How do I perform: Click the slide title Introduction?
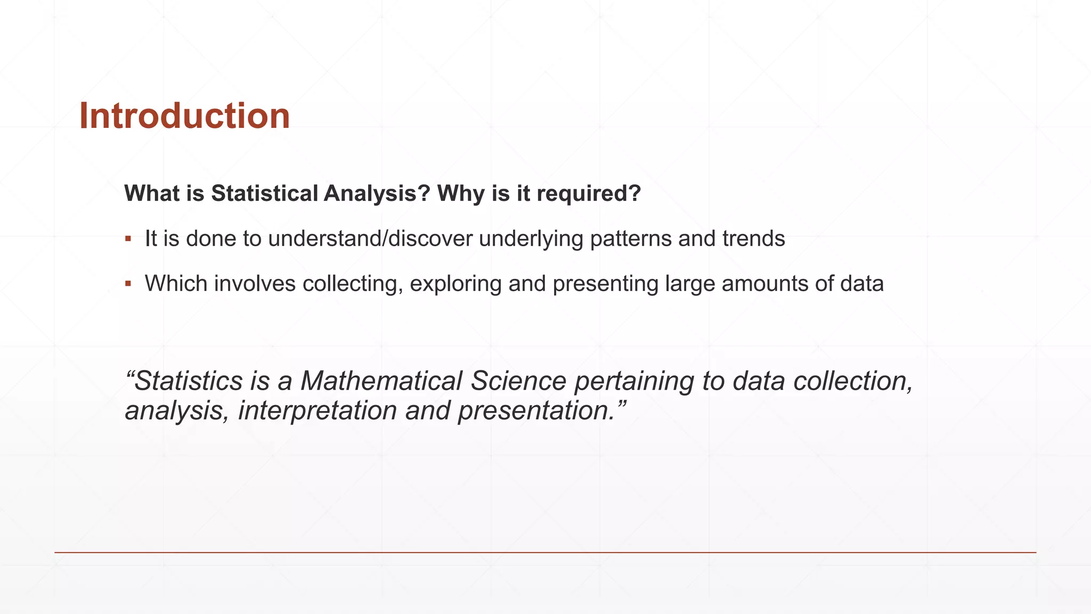184,116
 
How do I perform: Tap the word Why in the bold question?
461,193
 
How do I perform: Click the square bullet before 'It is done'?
128,238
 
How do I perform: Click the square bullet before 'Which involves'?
128,284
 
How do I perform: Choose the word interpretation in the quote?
318,411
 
